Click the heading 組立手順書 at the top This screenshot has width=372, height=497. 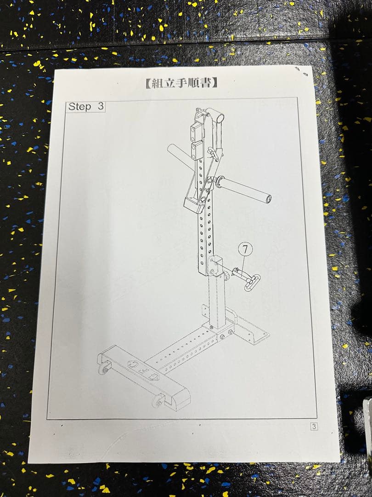pos(181,83)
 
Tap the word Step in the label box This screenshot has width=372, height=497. pos(80,107)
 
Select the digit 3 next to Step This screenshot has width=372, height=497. pos(100,107)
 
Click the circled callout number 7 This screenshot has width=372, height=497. pos(245,249)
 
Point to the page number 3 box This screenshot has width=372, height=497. pos(314,427)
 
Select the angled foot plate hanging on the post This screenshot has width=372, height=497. pos(193,202)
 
